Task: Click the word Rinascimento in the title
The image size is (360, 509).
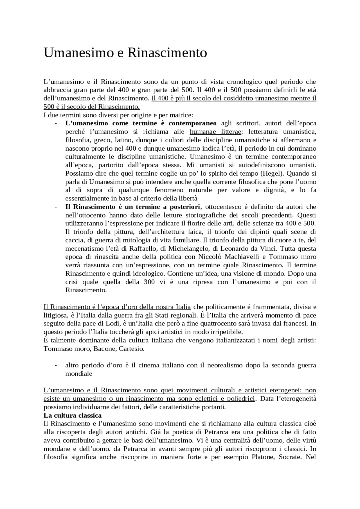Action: [x=167, y=53]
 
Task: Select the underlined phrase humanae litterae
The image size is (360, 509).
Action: [x=215, y=132]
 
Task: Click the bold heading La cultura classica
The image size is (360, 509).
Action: [x=73, y=415]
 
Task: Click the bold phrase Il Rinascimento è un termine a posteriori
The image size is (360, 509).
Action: [x=132, y=207]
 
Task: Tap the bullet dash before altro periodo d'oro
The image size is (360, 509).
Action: [x=56, y=365]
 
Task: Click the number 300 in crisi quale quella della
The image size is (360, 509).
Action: [x=149, y=282]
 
